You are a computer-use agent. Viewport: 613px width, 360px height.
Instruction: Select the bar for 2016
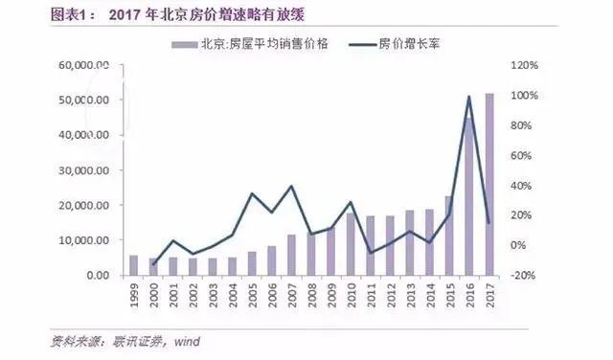pos(469,196)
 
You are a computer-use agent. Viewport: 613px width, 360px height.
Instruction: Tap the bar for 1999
pos(133,265)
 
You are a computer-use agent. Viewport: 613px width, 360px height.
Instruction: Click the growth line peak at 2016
pos(469,96)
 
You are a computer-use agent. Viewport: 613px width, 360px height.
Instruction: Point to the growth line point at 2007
pos(290,186)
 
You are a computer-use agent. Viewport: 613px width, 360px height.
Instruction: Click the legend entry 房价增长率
pos(397,45)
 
